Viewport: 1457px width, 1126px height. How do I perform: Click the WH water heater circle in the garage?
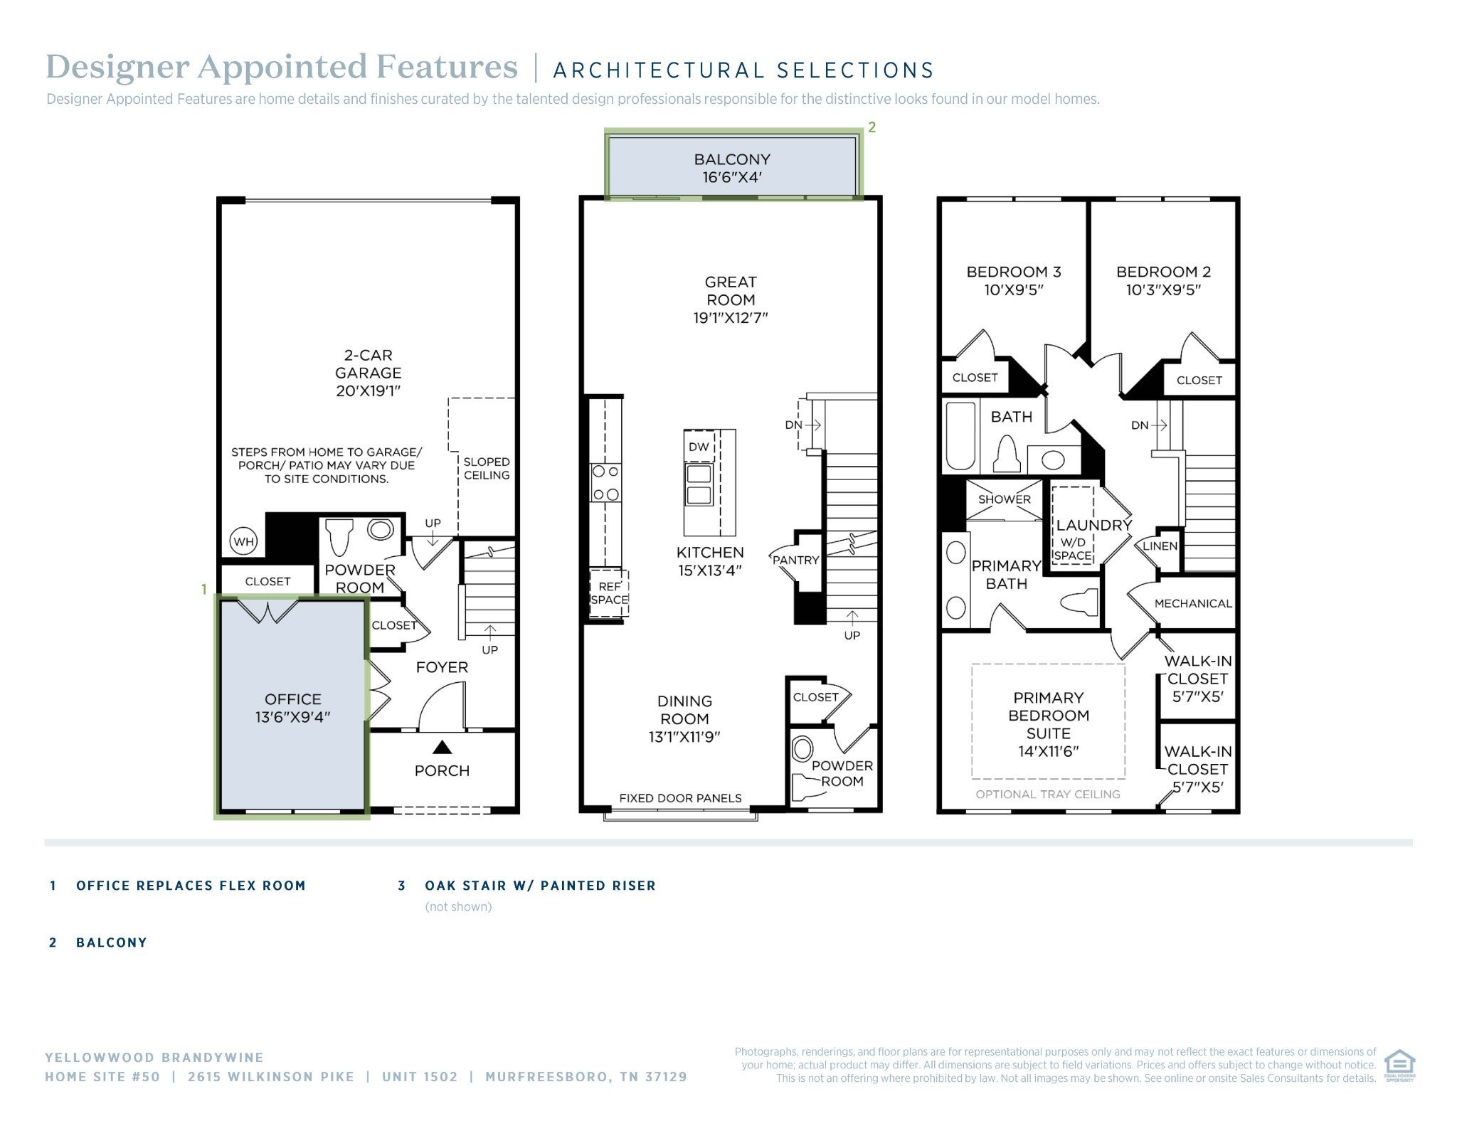pos(243,541)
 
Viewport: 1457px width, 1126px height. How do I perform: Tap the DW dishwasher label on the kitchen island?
pos(699,447)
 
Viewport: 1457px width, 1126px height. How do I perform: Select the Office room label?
pos(292,699)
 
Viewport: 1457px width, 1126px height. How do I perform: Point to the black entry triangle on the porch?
pos(443,747)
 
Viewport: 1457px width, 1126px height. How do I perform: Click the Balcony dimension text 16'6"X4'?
pos(732,177)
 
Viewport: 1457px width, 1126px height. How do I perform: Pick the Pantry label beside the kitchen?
pos(796,560)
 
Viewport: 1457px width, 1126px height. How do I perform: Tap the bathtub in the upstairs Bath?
pos(960,436)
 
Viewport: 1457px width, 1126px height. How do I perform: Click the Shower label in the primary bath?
pos(1004,499)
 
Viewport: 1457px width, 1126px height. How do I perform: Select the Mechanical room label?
pos(1193,603)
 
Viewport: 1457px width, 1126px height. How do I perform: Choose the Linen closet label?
pos(1160,546)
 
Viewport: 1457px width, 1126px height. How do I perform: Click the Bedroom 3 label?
pos(1014,272)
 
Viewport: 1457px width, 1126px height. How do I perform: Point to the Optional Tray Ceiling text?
pos(1048,794)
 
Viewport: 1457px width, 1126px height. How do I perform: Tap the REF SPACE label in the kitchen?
pos(610,593)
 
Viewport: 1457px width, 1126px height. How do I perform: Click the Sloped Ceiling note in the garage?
pos(487,468)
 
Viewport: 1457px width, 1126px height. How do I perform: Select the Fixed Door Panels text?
pos(680,798)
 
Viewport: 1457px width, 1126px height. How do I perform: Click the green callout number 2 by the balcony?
pos(871,127)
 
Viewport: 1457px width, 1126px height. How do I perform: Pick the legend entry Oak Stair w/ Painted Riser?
pos(540,886)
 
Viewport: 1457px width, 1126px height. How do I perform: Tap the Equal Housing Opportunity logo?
pos(1399,1066)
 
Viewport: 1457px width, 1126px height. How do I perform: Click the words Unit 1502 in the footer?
pos(420,1077)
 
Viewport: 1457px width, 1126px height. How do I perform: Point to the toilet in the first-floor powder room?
pos(339,537)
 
